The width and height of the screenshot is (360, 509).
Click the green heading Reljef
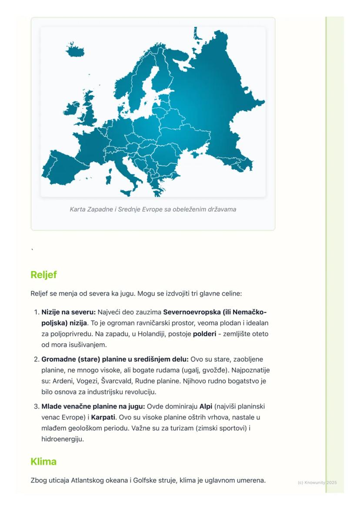[43, 275]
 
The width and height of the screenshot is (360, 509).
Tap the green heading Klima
[43, 461]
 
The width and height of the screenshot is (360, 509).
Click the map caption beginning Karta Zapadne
[153, 209]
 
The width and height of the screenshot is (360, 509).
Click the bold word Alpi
[206, 406]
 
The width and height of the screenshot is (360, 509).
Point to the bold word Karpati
[104, 417]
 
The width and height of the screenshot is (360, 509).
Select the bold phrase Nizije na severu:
[68, 312]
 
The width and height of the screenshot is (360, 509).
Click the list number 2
[36, 359]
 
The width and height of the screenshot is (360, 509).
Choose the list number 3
[36, 406]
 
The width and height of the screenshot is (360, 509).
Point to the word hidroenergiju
[62, 439]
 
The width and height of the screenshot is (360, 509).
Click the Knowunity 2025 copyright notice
[317, 482]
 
